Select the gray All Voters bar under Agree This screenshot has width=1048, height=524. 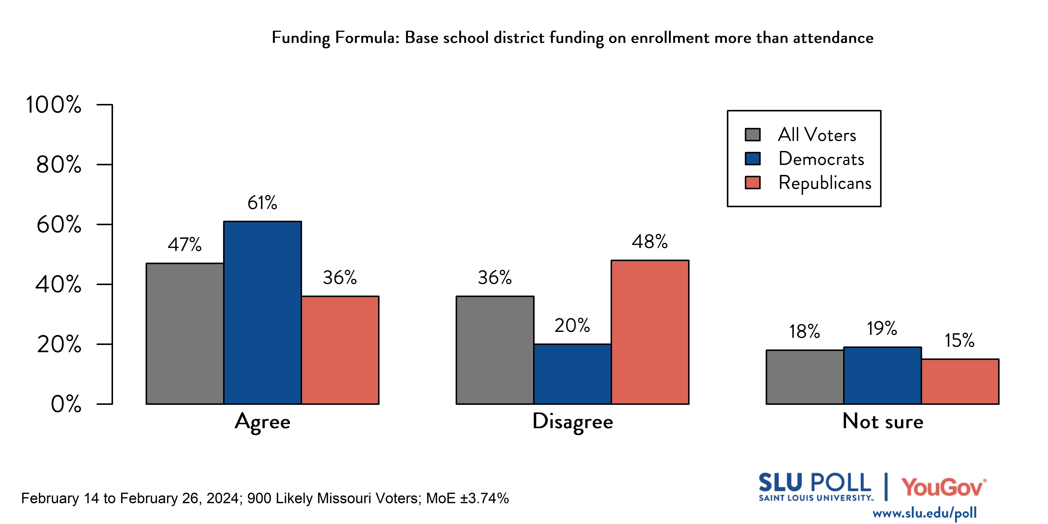click(185, 334)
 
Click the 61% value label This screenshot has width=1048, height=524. click(262, 203)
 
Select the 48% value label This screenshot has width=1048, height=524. click(650, 242)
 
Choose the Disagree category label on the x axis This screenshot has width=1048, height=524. click(572, 421)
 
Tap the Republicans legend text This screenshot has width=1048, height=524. click(825, 183)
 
